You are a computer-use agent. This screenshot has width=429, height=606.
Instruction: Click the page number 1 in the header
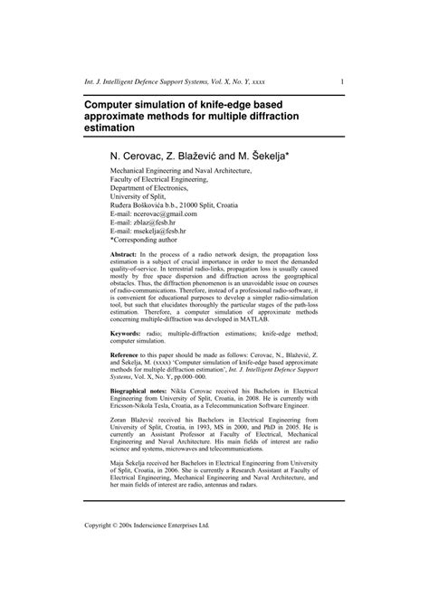click(341, 81)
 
